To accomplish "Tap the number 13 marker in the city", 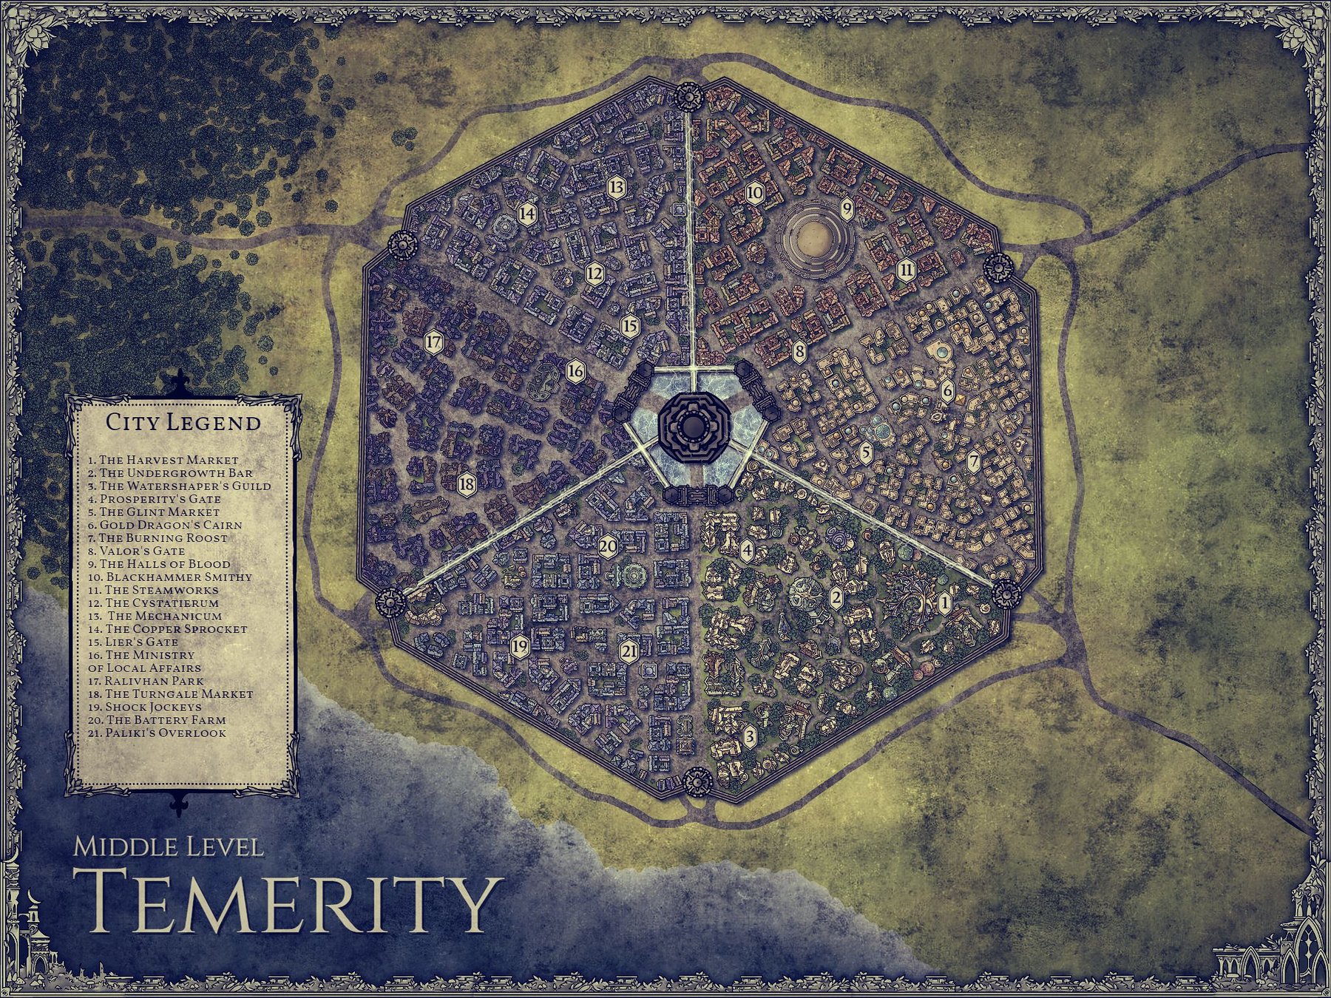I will pyautogui.click(x=616, y=188).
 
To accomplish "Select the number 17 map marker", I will pyautogui.click(x=433, y=342).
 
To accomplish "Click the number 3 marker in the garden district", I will pyautogui.click(x=749, y=736).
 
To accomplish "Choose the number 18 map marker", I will pyautogui.click(x=467, y=485).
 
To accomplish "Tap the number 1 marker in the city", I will pyautogui.click(x=944, y=603).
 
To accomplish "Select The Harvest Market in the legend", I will pyautogui.click(x=163, y=460).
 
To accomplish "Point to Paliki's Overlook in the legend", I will pyautogui.click(x=157, y=733).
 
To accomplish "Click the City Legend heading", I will pyautogui.click(x=183, y=423).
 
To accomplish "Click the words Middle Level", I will pyautogui.click(x=168, y=846).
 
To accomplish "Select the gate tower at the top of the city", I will pyautogui.click(x=688, y=95).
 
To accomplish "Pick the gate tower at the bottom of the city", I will pyautogui.click(x=696, y=780).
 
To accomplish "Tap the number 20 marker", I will pyautogui.click(x=608, y=547).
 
